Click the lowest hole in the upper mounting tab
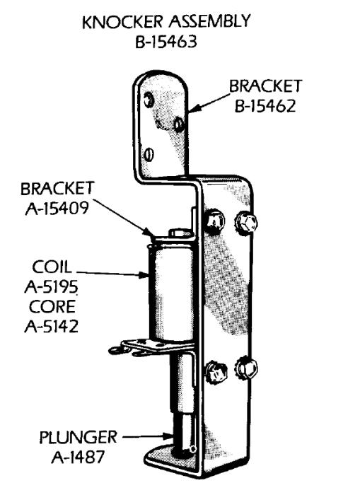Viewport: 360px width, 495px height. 148,153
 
